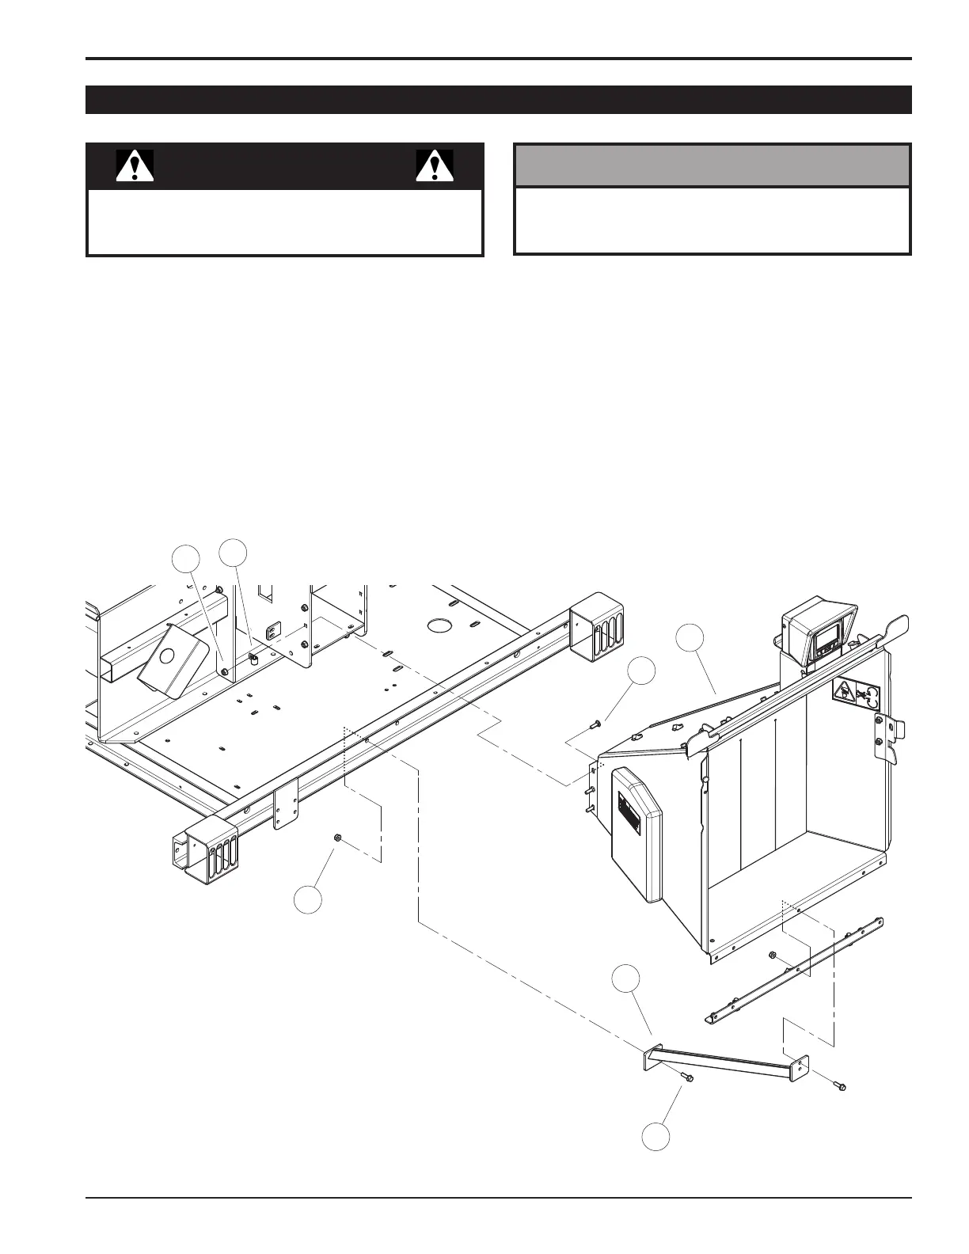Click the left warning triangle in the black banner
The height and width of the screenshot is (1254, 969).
135,165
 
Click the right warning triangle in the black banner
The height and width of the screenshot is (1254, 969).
435,165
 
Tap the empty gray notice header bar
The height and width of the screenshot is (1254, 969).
712,165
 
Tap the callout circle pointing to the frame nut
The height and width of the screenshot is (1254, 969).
308,901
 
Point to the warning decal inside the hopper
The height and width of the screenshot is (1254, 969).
857,694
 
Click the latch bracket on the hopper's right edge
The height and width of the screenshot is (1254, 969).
889,737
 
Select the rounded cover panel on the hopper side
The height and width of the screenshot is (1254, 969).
636,831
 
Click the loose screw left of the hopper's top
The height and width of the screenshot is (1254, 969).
596,723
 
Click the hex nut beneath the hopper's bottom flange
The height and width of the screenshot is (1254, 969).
771,956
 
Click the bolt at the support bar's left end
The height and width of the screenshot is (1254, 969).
686,1077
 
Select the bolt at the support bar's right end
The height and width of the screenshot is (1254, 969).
840,1085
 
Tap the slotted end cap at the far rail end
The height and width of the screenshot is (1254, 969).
596,625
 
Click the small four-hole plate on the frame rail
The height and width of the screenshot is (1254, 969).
286,801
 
